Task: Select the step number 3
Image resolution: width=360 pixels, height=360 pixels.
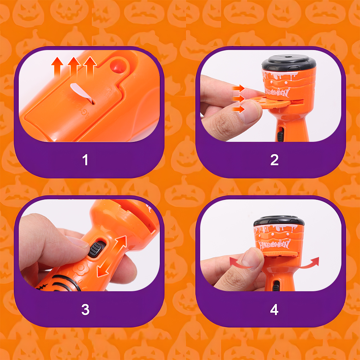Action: coord(85,310)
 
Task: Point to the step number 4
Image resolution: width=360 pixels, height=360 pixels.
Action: coord(274,310)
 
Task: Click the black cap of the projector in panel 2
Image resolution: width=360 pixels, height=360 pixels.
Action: coord(289,63)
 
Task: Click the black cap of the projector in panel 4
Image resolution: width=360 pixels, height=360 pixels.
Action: coord(279,221)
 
